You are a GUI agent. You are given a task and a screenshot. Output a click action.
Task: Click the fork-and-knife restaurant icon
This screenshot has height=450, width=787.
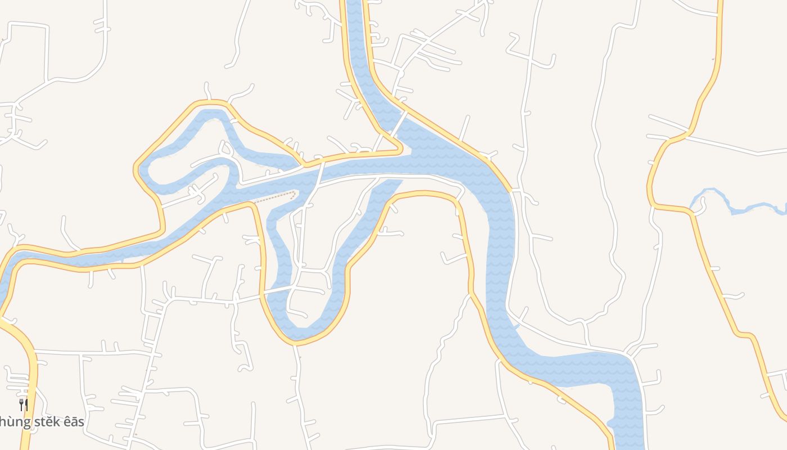point(24,404)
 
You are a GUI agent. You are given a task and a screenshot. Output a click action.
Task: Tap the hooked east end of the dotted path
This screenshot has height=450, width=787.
point(295,194)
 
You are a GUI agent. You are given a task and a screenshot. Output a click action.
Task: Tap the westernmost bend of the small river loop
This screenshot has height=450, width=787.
point(142,169)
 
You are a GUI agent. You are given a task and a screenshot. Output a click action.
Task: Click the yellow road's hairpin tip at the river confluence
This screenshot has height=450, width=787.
point(400,150)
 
